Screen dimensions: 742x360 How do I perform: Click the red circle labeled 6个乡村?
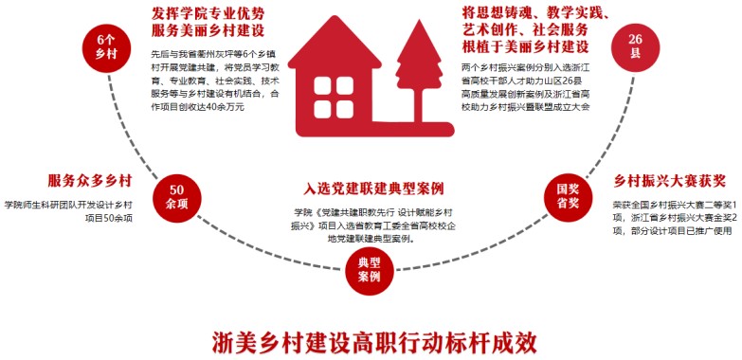click(105, 47)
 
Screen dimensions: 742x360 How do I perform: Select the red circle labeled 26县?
click(635, 47)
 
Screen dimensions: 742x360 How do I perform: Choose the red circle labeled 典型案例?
click(370, 271)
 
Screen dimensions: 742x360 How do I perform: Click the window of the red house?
click(329, 98)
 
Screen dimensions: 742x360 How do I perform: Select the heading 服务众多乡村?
click(89, 181)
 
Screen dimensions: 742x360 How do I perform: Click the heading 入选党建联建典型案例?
click(373, 189)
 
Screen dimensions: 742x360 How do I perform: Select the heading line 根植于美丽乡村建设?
click(524, 46)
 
